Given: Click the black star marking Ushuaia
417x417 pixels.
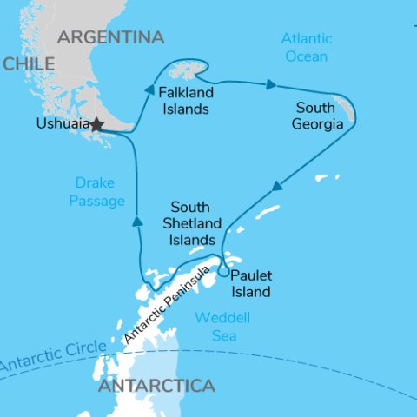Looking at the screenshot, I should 96,125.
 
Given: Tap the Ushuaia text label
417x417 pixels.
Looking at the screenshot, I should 63,124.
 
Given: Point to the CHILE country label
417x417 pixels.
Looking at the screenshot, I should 30,64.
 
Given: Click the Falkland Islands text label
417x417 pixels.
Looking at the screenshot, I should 183,101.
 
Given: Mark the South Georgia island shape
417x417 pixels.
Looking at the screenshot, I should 347,109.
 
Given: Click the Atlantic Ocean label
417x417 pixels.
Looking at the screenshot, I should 305,48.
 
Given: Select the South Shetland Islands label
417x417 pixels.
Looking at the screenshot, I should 193,223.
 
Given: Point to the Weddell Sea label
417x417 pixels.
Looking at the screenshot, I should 219,326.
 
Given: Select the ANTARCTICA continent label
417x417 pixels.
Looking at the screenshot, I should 156,385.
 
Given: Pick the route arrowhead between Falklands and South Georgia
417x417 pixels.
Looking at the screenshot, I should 271,85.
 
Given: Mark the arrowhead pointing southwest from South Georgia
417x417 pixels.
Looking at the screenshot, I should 276,186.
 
